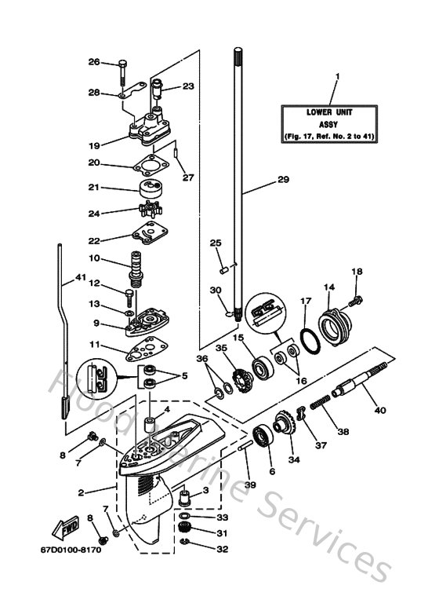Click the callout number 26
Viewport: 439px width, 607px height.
[115, 62]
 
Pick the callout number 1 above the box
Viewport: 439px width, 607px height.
[336, 77]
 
